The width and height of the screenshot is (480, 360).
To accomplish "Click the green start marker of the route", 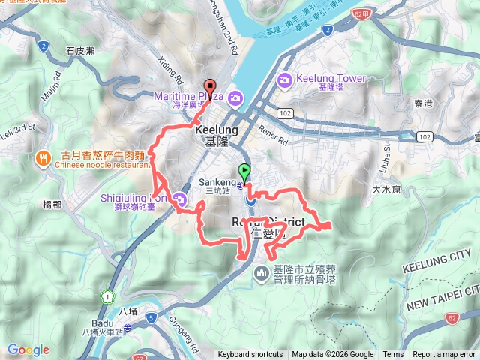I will [244, 172].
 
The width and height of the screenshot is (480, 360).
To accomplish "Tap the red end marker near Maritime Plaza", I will [210, 86].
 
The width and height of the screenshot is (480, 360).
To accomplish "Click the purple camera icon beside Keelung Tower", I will [284, 79].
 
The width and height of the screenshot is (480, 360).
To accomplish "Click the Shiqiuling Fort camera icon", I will [180, 199].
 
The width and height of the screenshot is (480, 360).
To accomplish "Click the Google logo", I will [28, 349].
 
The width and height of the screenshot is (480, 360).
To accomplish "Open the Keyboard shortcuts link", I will [250, 355].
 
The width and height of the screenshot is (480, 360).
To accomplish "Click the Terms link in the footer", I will [393, 355].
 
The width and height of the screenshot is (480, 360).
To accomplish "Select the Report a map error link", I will [444, 355].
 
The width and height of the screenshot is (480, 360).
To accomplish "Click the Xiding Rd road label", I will [169, 68].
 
